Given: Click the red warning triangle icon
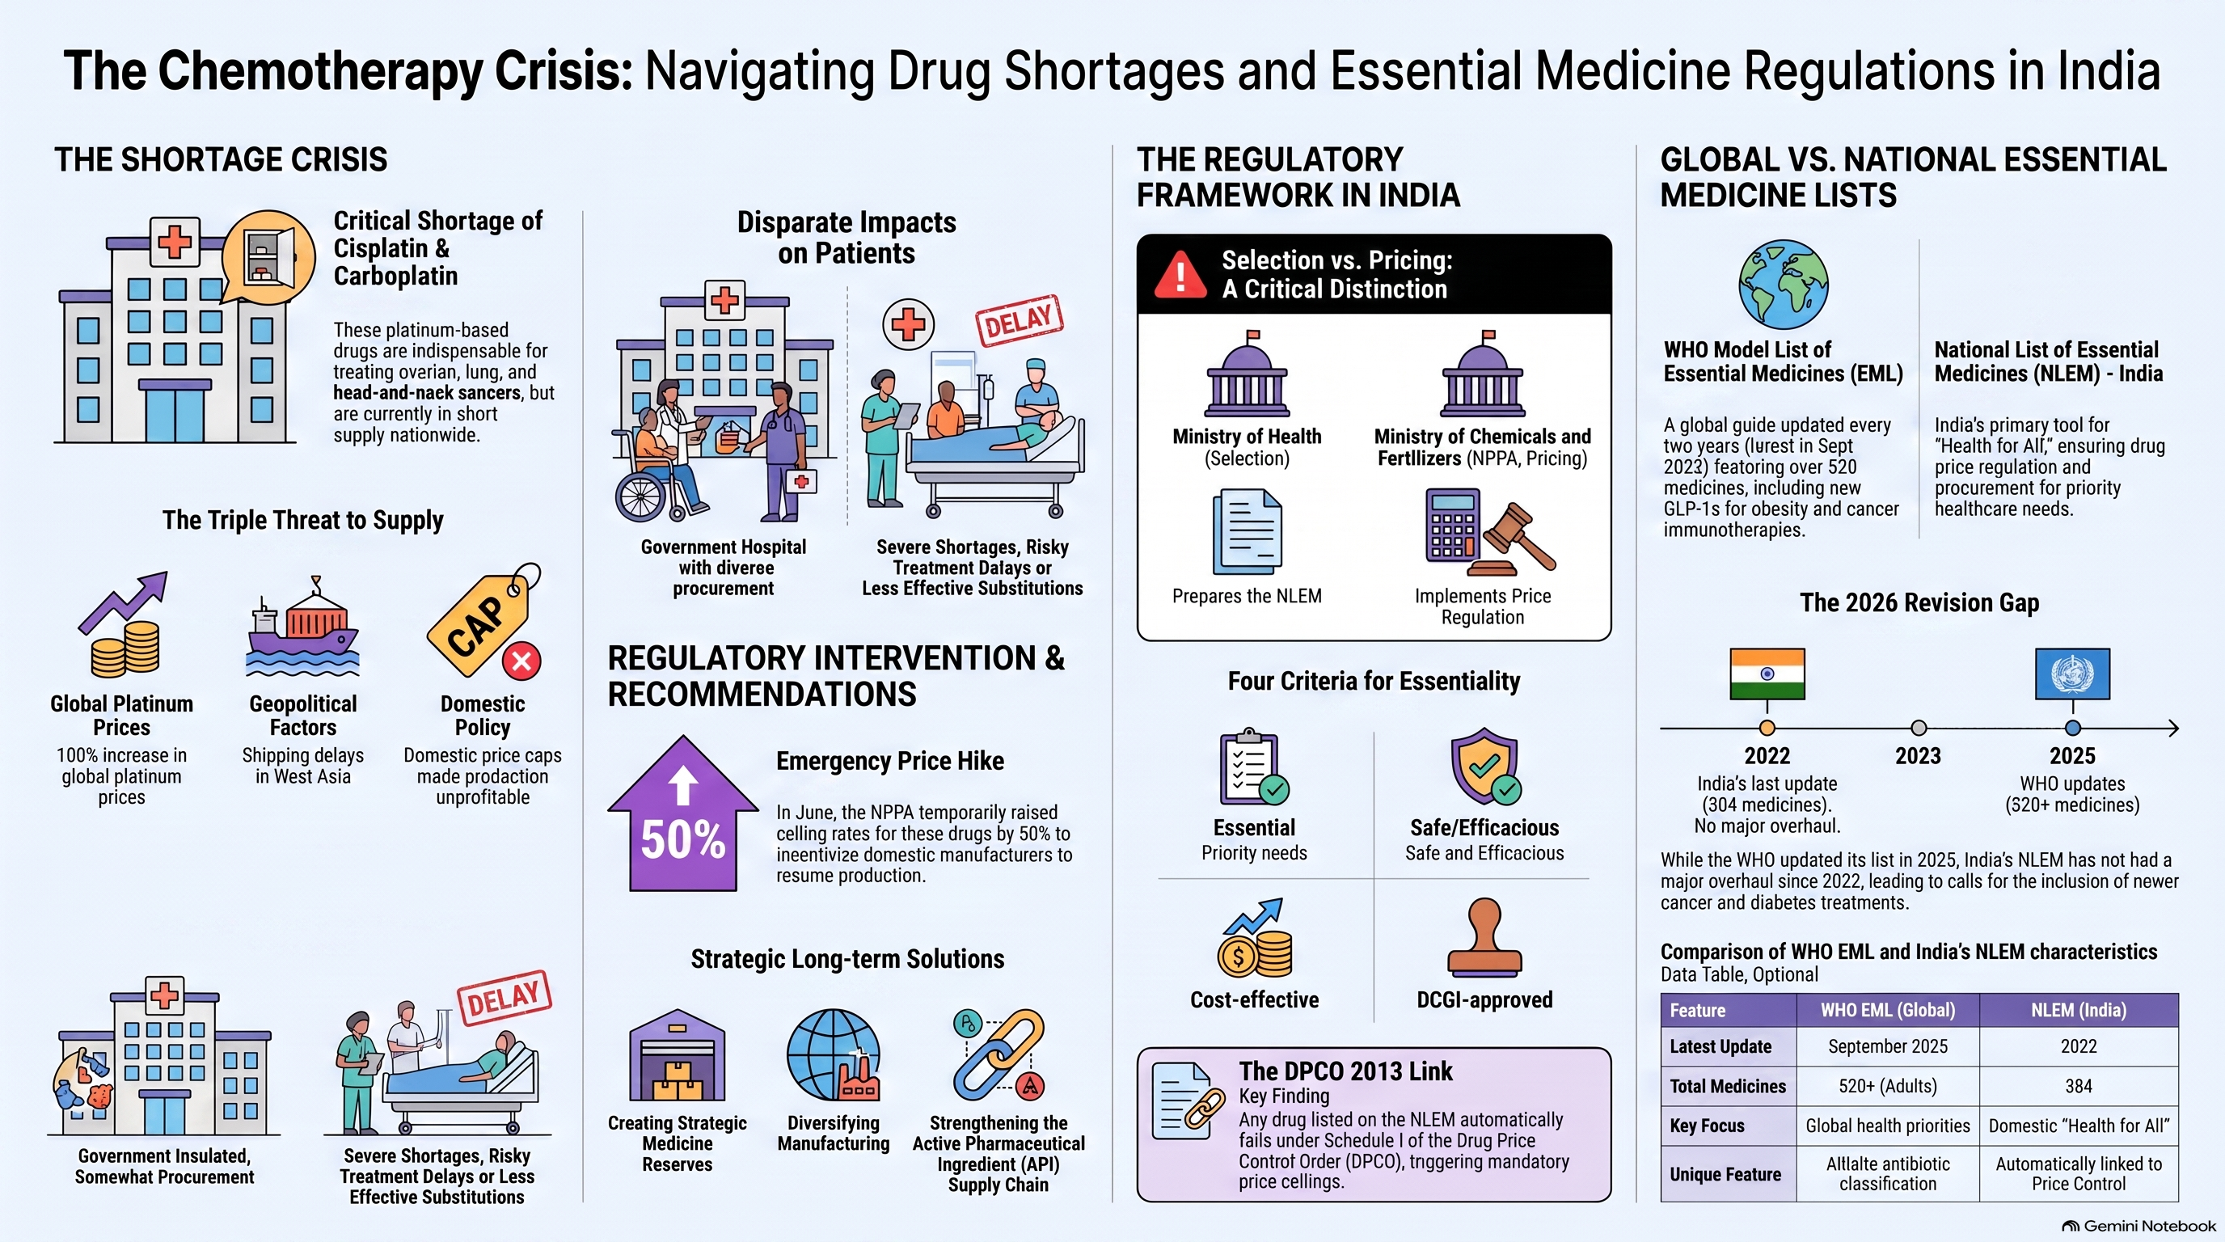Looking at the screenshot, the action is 1180,274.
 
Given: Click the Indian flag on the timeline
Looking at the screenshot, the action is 1767,674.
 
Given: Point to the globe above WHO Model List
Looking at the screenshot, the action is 1783,284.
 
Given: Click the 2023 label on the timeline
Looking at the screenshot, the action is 1919,757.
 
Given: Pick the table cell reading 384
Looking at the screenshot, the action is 2078,1087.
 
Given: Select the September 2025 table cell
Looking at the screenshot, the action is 1887,1047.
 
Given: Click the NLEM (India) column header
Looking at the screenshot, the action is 2078,1011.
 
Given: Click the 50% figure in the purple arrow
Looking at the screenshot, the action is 682,839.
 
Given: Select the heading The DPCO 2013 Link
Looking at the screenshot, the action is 1345,1072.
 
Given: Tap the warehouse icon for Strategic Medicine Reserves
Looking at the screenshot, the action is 678,1055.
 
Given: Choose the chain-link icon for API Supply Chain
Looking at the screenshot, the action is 999,1055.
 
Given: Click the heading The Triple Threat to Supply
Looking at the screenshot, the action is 303,520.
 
